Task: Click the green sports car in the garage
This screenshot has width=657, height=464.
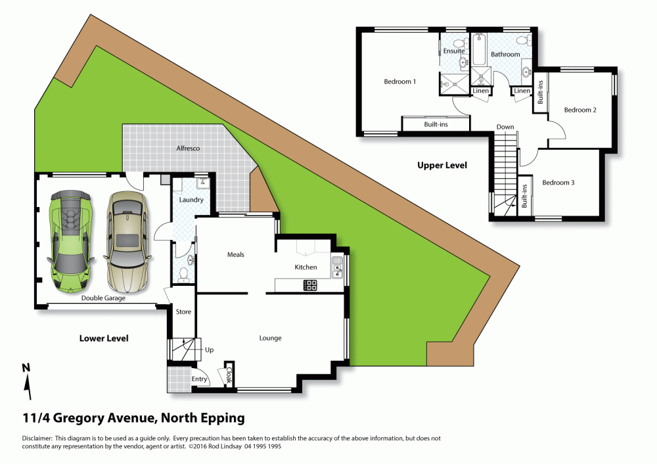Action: point(71,241)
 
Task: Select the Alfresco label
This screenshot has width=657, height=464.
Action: point(188,149)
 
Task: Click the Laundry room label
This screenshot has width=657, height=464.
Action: point(191,200)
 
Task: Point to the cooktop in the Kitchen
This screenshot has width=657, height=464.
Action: point(311,285)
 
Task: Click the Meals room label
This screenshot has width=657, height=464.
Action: point(235,254)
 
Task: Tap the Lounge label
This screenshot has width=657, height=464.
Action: point(270,338)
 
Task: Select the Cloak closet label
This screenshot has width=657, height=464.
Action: point(229,375)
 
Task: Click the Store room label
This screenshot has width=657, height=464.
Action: point(183,312)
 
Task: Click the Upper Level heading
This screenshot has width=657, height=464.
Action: point(442,165)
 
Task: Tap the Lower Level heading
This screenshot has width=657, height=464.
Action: point(104,338)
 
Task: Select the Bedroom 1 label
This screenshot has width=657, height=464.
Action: point(399,81)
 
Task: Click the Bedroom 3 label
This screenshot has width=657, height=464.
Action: point(558,183)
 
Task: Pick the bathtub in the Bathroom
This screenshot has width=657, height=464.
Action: point(480,50)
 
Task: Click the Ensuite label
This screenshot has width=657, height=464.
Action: point(454,51)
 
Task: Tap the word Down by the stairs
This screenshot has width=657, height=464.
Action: point(505,127)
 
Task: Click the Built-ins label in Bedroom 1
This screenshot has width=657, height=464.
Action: point(436,124)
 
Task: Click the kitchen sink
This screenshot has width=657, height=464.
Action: point(337,267)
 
